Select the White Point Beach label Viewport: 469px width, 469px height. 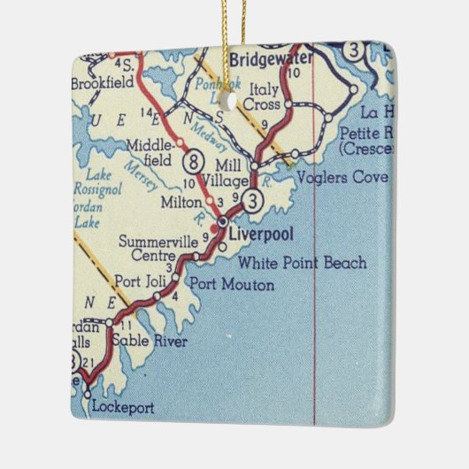pos(303,263)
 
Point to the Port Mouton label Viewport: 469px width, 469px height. pos(232,285)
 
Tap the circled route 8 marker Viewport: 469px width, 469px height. pos(192,162)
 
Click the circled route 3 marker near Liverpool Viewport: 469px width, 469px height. pos(253,201)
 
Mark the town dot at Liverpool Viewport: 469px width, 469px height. pos(224,220)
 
